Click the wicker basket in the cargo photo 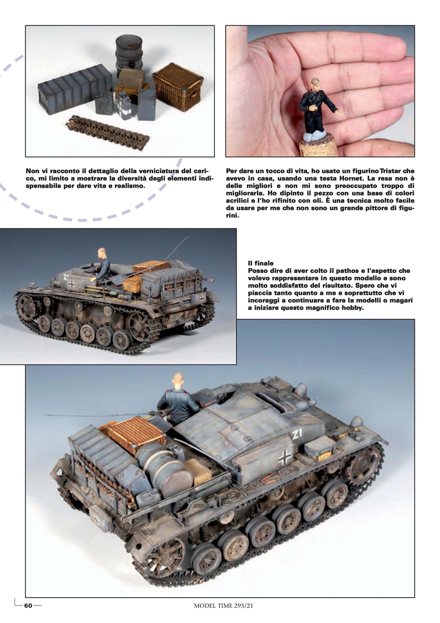(177, 87)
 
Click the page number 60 (28, 605)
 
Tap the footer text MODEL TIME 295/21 (224, 605)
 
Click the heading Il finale (261, 263)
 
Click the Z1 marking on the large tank (297, 435)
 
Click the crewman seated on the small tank (102, 266)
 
